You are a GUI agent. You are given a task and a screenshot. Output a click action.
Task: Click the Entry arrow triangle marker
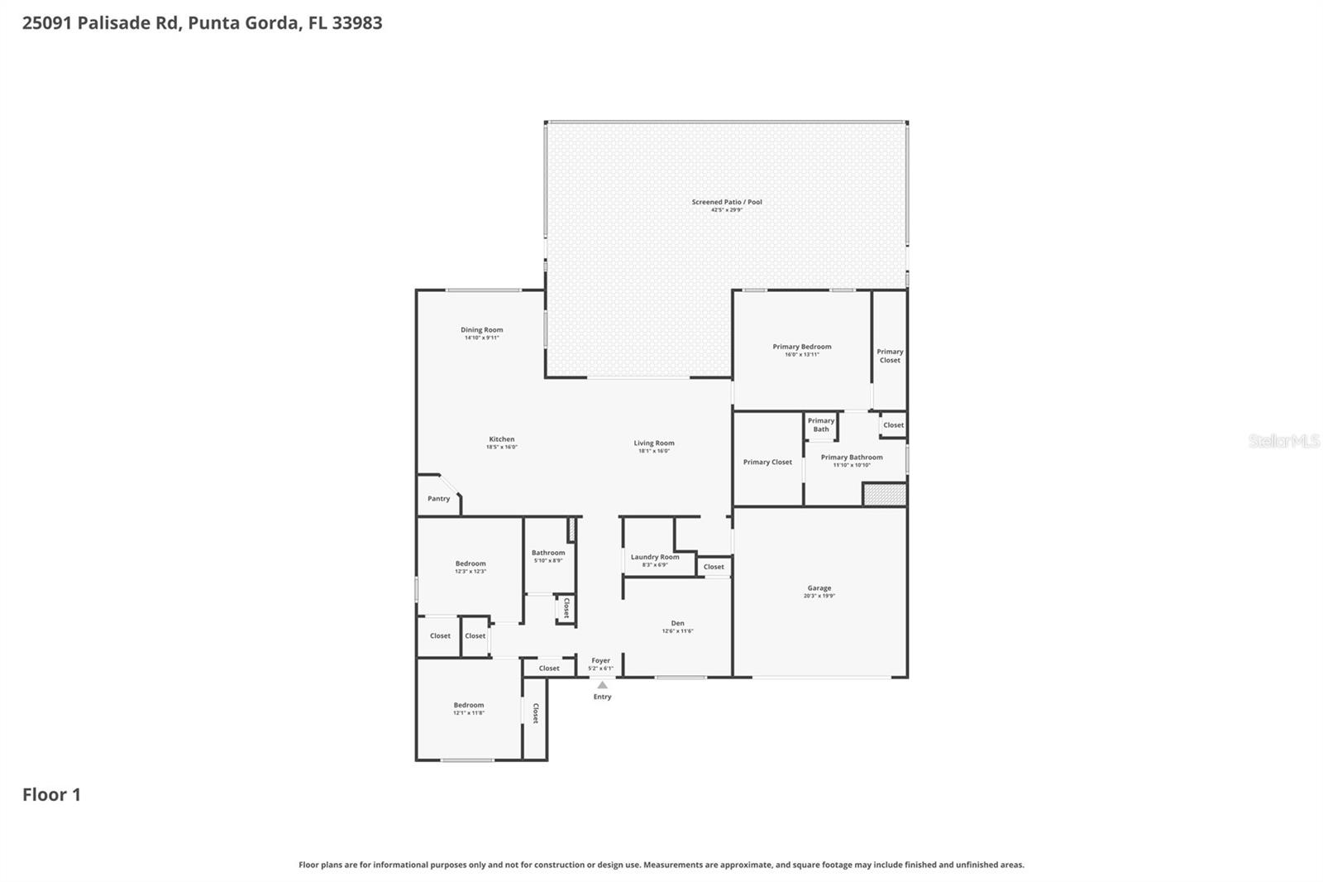coord(602,685)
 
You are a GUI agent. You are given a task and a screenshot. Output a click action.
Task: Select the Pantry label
coord(438,499)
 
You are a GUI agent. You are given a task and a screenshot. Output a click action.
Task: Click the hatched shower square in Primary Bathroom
coord(885,495)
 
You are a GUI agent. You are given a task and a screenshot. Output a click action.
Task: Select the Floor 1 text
coord(51,795)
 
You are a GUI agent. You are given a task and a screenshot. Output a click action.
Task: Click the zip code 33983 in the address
coord(357,23)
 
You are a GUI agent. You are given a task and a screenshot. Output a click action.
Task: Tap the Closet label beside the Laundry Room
coord(714,567)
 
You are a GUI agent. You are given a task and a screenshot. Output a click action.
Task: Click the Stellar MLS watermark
coord(1283,441)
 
